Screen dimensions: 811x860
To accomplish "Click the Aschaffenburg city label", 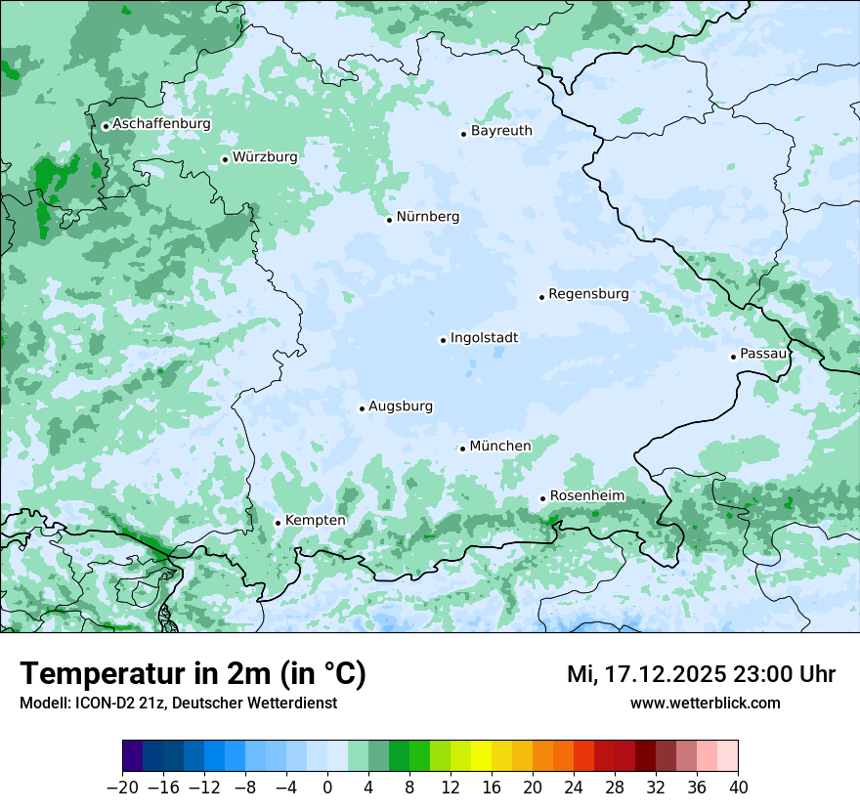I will (x=161, y=124).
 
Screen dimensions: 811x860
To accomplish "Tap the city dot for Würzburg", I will (x=225, y=159).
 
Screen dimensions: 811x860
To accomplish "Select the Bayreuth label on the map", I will (x=501, y=130).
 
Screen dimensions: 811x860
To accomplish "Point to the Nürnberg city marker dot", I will (x=389, y=220).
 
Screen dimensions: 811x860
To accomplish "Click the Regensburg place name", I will (x=588, y=293).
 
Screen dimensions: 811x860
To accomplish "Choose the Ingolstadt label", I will (x=484, y=337).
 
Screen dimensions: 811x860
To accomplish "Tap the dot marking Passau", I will (x=733, y=357).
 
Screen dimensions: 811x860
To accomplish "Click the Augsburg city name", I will (x=401, y=405).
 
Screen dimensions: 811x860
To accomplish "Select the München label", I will (x=500, y=446).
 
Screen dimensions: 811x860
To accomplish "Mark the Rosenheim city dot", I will (x=542, y=498).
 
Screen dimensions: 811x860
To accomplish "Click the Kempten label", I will (x=316, y=520).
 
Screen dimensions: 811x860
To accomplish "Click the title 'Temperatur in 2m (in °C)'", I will (x=193, y=673).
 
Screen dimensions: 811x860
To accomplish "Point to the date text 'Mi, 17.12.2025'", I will (x=645, y=674).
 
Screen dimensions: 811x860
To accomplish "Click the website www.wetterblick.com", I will (x=705, y=703).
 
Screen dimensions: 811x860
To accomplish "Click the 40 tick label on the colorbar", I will (x=738, y=787).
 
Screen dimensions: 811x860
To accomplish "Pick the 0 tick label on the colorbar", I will (x=327, y=787).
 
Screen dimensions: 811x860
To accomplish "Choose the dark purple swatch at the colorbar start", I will (x=133, y=756).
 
